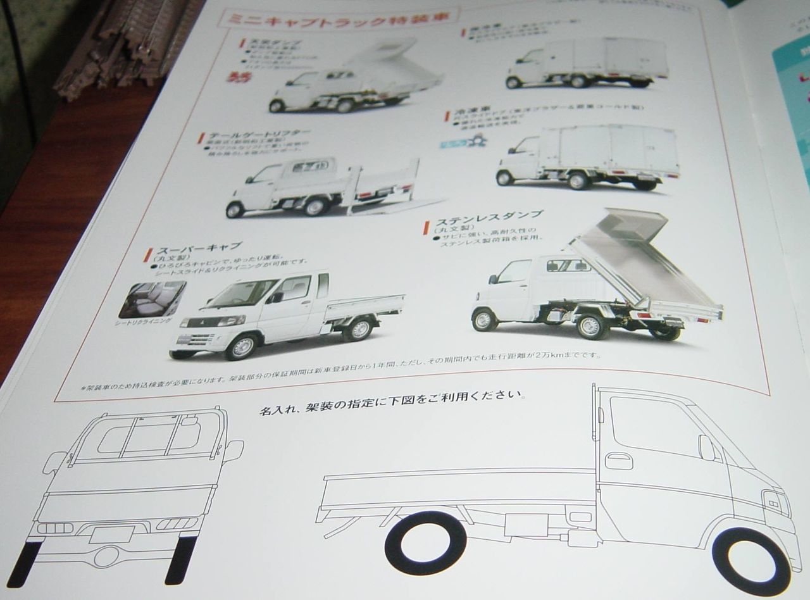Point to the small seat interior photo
152,299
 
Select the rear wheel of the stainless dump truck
591,327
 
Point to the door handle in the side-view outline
618,460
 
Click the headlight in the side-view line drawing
776,503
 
